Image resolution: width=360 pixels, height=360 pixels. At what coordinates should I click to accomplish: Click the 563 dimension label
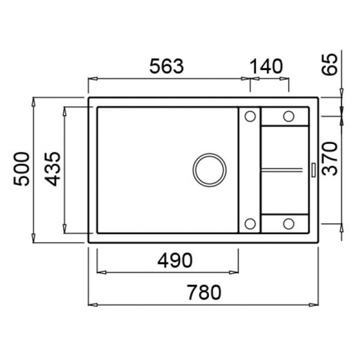coord(167,67)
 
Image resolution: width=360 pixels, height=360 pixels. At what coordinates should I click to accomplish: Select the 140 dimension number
coord(266,67)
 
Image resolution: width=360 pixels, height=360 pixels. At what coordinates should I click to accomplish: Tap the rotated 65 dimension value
coord(330,64)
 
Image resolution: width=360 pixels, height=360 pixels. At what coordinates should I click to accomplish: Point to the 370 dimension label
coord(330,158)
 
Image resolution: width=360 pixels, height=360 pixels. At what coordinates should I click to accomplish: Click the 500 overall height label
coord(22,169)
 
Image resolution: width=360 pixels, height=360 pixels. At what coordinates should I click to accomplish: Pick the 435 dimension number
coord(53,169)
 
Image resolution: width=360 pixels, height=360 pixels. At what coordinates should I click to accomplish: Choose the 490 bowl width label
coord(175,260)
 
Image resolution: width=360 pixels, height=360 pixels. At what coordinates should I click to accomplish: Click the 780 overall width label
coord(204,292)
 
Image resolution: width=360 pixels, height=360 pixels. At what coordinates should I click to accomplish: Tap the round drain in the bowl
coord(209,170)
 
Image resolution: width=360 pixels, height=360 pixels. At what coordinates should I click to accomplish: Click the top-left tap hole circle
coord(250,116)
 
